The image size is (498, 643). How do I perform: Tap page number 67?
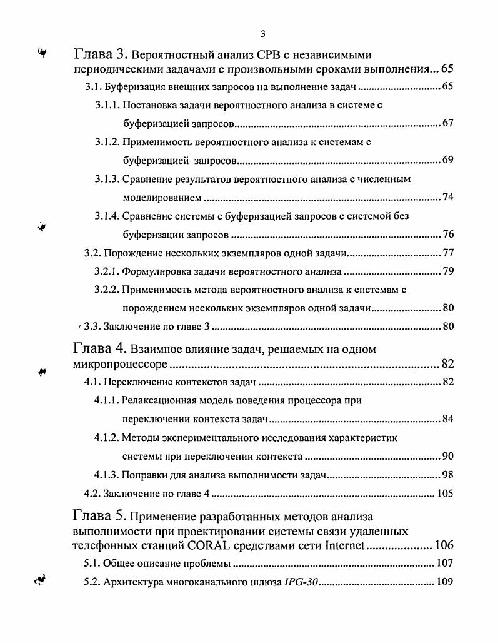click(447, 123)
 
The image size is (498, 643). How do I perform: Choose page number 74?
click(447, 198)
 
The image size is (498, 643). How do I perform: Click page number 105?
click(445, 494)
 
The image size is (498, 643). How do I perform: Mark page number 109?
click(445, 582)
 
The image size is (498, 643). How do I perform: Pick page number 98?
click(447, 475)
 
